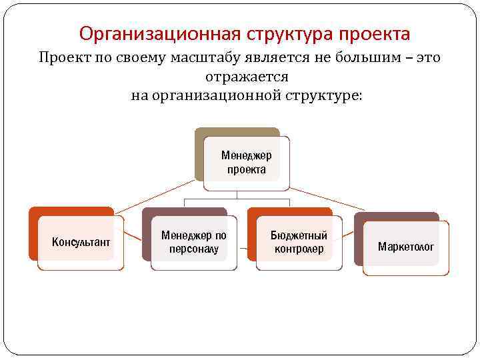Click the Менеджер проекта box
point(246,163)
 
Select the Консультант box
point(81,242)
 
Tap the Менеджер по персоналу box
point(194,243)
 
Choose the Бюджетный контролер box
point(299,243)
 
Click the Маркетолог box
point(405,247)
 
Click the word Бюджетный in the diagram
point(299,236)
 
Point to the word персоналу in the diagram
point(194,249)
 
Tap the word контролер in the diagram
point(299,250)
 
